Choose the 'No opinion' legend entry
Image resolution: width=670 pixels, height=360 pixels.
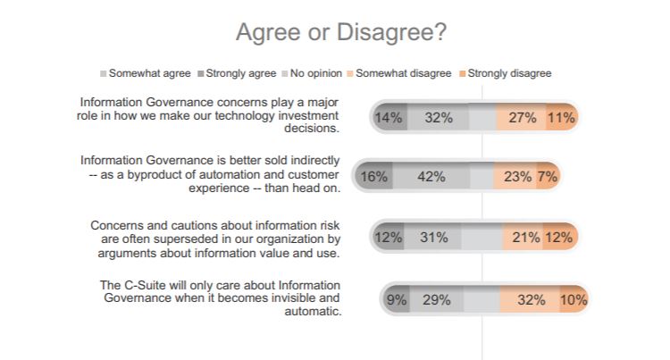315,73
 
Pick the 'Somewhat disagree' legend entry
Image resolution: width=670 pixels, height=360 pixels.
403,73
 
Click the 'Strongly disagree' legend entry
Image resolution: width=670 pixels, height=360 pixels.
505,73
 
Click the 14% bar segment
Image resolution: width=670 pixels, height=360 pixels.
388,117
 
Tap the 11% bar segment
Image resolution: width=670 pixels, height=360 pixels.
561,117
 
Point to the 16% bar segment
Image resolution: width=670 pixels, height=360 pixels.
373,177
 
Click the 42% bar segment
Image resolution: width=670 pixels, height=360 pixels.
431,177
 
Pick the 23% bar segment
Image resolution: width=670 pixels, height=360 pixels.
517,177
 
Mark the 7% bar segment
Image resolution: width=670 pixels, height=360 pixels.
548,177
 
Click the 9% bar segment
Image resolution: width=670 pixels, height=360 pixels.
397,299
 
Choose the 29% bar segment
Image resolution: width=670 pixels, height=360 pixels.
437,299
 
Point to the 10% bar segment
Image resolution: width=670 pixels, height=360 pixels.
573,299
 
